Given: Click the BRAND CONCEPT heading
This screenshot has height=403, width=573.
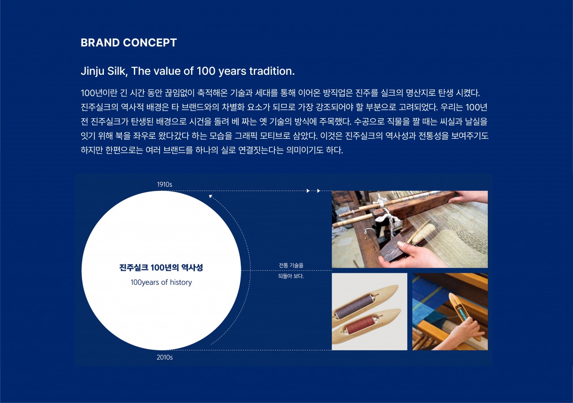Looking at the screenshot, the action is [x=128, y=43].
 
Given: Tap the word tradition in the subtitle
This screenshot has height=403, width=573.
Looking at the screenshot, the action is [x=272, y=71].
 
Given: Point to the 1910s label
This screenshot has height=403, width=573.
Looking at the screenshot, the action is [x=164, y=184].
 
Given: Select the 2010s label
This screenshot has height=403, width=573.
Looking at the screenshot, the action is [x=164, y=357].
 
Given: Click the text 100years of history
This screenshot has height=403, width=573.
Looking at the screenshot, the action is [x=161, y=282].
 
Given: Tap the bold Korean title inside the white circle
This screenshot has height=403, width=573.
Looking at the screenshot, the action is [x=161, y=268].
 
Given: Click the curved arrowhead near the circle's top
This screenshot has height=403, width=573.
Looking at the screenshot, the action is [x=210, y=196].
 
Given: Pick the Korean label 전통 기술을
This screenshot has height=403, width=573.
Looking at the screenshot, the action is [x=291, y=266].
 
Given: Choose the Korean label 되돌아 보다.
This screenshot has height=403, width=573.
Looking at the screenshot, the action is [x=291, y=276].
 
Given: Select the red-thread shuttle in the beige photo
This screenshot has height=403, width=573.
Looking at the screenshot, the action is [x=366, y=327].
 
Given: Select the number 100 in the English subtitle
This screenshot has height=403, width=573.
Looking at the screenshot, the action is [x=206, y=71].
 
